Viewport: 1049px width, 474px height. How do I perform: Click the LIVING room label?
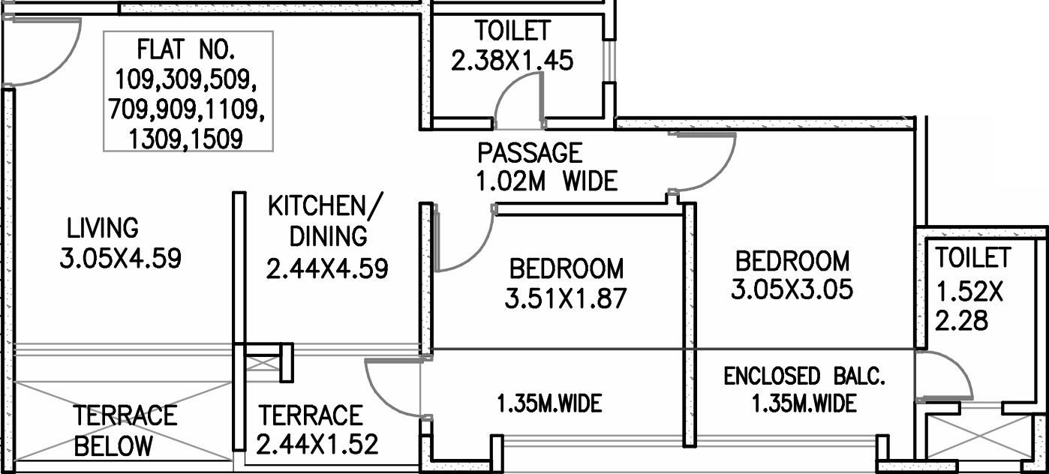tap(103, 228)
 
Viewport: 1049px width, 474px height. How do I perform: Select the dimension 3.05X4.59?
tap(120, 258)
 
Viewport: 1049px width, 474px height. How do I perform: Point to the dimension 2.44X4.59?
tap(327, 268)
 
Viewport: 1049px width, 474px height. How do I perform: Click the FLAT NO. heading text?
tap(186, 49)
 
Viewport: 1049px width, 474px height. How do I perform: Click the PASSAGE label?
tap(530, 152)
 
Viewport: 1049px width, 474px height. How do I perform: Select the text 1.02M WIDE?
tap(546, 181)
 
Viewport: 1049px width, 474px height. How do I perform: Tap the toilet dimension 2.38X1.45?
tap(512, 61)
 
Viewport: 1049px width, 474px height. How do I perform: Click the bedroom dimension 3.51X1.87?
tap(566, 298)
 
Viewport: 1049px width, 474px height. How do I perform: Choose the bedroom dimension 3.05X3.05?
tap(792, 289)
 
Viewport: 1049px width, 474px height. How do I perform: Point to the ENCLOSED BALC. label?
tap(804, 376)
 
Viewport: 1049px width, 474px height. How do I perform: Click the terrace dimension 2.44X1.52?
tap(317, 444)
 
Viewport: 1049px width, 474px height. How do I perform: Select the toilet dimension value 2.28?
tap(961, 321)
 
